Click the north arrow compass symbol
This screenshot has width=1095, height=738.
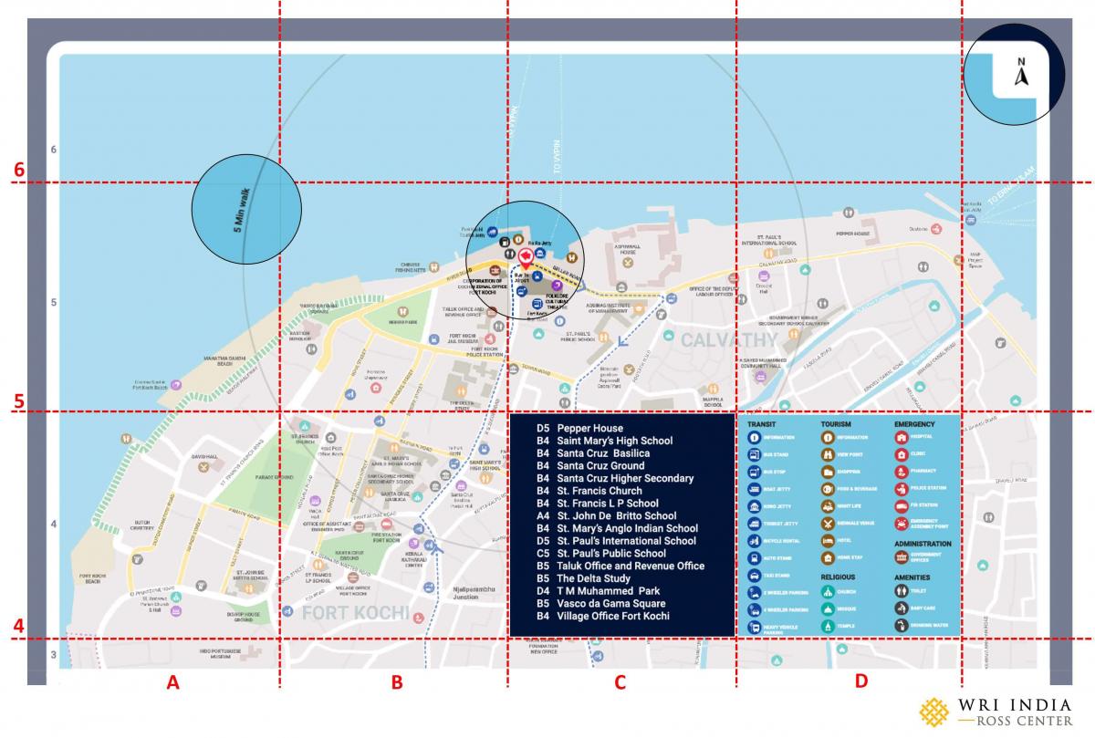point(1021,72)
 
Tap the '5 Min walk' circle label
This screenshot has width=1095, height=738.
point(245,209)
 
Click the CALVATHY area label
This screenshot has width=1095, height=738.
point(727,340)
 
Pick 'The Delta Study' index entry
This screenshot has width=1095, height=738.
point(593,578)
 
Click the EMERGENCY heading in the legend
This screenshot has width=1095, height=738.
point(915,425)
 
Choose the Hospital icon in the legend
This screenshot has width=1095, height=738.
point(902,437)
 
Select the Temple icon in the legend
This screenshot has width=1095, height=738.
point(828,626)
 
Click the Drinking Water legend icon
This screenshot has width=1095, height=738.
point(902,626)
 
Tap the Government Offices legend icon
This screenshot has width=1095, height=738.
point(902,557)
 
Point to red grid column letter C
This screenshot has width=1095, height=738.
point(620,681)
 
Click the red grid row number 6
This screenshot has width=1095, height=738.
point(18,171)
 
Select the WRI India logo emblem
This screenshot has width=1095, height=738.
point(933,712)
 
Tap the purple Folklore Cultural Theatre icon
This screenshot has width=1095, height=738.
point(556,286)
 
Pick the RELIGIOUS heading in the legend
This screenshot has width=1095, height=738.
point(838,577)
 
